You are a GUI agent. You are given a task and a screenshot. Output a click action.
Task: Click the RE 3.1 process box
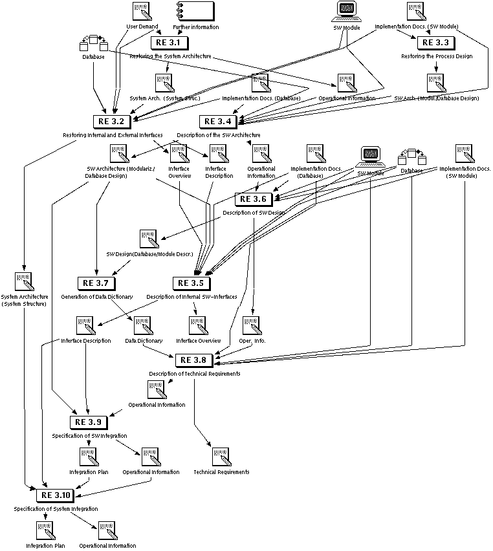[169, 43]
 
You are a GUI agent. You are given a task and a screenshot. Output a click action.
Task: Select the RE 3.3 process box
[435, 43]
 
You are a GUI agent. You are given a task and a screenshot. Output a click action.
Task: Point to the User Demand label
[142, 27]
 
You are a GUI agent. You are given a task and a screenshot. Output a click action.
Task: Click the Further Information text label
[195, 27]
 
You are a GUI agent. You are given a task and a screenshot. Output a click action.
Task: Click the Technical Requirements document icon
[221, 457]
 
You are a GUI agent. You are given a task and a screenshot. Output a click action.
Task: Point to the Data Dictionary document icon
[142, 325]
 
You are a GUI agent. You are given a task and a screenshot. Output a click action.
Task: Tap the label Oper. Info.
[252, 341]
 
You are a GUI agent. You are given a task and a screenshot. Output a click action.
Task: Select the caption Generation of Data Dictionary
[97, 297]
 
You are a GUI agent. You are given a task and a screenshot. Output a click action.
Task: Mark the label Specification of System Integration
[56, 509]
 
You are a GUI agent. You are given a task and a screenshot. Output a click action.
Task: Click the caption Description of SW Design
[254, 213]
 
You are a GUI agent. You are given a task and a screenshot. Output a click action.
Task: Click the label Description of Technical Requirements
[195, 374]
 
